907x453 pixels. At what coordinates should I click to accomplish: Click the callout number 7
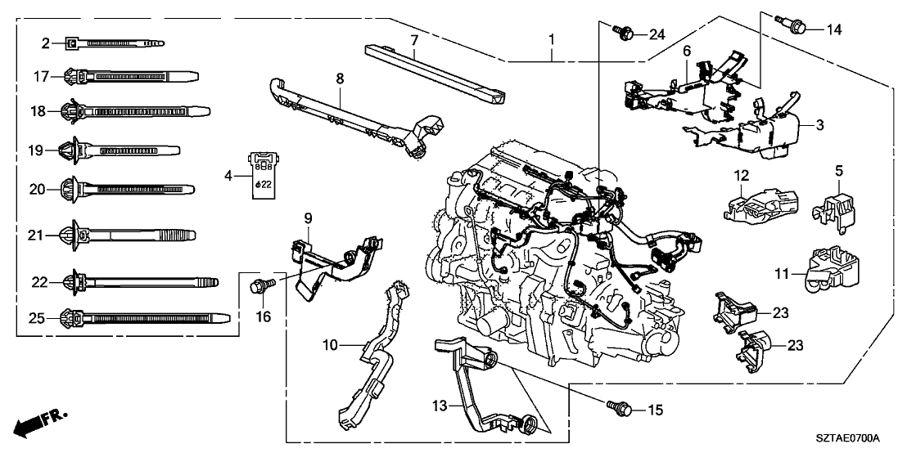pyautogui.click(x=414, y=40)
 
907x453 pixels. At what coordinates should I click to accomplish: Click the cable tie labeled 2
pyautogui.click(x=115, y=42)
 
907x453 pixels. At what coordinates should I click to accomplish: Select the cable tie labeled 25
pyautogui.click(x=139, y=316)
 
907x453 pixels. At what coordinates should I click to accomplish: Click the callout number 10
pyautogui.click(x=330, y=345)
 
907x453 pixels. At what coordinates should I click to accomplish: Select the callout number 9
pyautogui.click(x=308, y=218)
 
